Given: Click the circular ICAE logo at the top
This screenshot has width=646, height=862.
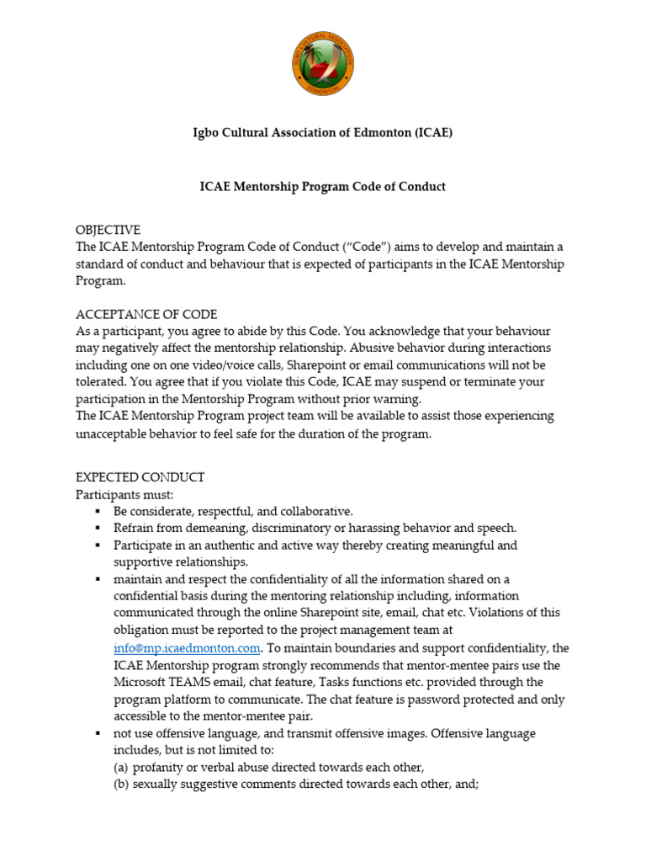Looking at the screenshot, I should pos(323,65).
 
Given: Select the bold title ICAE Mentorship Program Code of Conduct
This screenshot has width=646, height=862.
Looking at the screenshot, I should pos(322,187).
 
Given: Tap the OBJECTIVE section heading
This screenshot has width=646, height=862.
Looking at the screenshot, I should pos(108,230).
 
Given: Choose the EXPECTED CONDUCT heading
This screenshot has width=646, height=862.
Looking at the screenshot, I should pos(140,477).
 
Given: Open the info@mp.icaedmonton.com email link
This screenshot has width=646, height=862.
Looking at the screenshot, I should pos(187,648).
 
